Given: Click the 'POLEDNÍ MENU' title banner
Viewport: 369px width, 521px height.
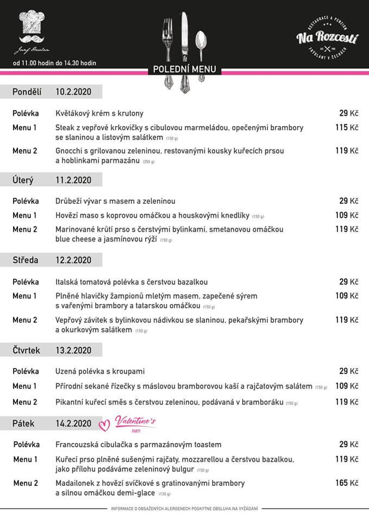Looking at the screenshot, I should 184,69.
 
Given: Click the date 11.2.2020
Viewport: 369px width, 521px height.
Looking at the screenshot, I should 73,180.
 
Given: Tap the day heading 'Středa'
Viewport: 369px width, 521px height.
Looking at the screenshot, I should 26,260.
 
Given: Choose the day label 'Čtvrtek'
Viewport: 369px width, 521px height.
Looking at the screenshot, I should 27,350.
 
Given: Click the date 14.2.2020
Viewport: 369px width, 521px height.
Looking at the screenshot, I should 73,423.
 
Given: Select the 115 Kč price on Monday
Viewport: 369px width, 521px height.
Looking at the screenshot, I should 346,128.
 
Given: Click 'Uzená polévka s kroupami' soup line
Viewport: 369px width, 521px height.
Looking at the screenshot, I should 101,371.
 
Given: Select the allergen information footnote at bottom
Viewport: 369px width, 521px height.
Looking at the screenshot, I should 184,509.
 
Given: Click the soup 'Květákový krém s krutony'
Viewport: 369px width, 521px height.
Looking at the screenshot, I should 99,113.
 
